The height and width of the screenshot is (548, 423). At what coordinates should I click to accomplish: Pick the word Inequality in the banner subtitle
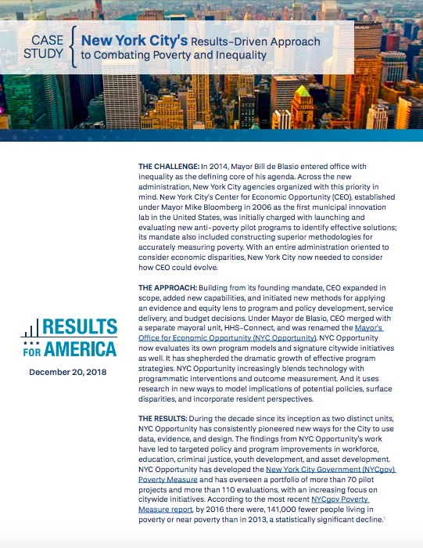coord(239,56)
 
